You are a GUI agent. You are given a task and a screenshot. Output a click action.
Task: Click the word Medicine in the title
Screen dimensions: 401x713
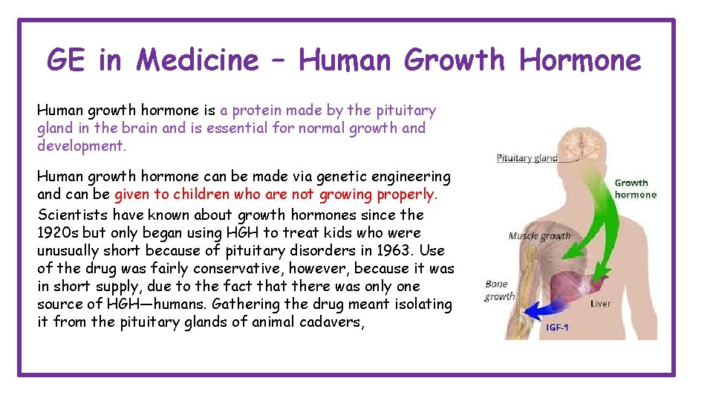198,59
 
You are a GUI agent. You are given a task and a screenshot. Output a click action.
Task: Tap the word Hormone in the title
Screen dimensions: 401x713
580,59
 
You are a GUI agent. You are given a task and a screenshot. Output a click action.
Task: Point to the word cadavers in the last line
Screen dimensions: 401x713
328,322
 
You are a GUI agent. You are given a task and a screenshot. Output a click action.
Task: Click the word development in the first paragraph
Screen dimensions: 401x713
80,146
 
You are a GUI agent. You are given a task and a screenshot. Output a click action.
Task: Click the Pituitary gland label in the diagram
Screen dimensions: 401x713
527,158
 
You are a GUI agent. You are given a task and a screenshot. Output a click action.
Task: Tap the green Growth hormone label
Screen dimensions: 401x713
635,189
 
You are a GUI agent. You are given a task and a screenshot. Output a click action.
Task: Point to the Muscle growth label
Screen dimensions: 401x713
539,236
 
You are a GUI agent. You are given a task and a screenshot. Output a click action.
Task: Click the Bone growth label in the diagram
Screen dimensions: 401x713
499,290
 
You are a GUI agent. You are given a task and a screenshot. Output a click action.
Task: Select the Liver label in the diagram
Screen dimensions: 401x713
601,303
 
